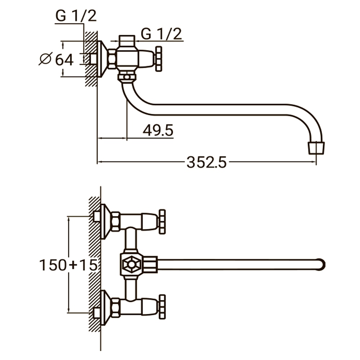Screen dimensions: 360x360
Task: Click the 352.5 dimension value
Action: pos(206,162)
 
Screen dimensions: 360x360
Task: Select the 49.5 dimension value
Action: pos(158,130)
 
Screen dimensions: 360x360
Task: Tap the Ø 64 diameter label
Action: pos(57,59)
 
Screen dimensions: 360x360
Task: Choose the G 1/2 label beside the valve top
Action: pos(161,34)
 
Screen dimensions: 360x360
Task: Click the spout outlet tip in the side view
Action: pos(316,148)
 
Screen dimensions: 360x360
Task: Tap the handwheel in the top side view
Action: pos(158,59)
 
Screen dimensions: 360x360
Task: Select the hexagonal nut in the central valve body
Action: pos(131,265)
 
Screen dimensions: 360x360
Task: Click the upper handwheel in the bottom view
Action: pos(162,222)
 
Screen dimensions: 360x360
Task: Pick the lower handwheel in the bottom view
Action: pos(162,307)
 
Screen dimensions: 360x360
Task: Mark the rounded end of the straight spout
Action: pos(321,265)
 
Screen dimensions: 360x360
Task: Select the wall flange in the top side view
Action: pos(102,59)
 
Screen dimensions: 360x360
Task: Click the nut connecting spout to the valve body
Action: pos(127,77)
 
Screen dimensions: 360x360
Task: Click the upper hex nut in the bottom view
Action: pos(116,221)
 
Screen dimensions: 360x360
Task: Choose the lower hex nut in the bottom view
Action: pos(116,308)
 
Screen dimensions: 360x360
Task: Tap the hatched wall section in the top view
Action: pos(91,59)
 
